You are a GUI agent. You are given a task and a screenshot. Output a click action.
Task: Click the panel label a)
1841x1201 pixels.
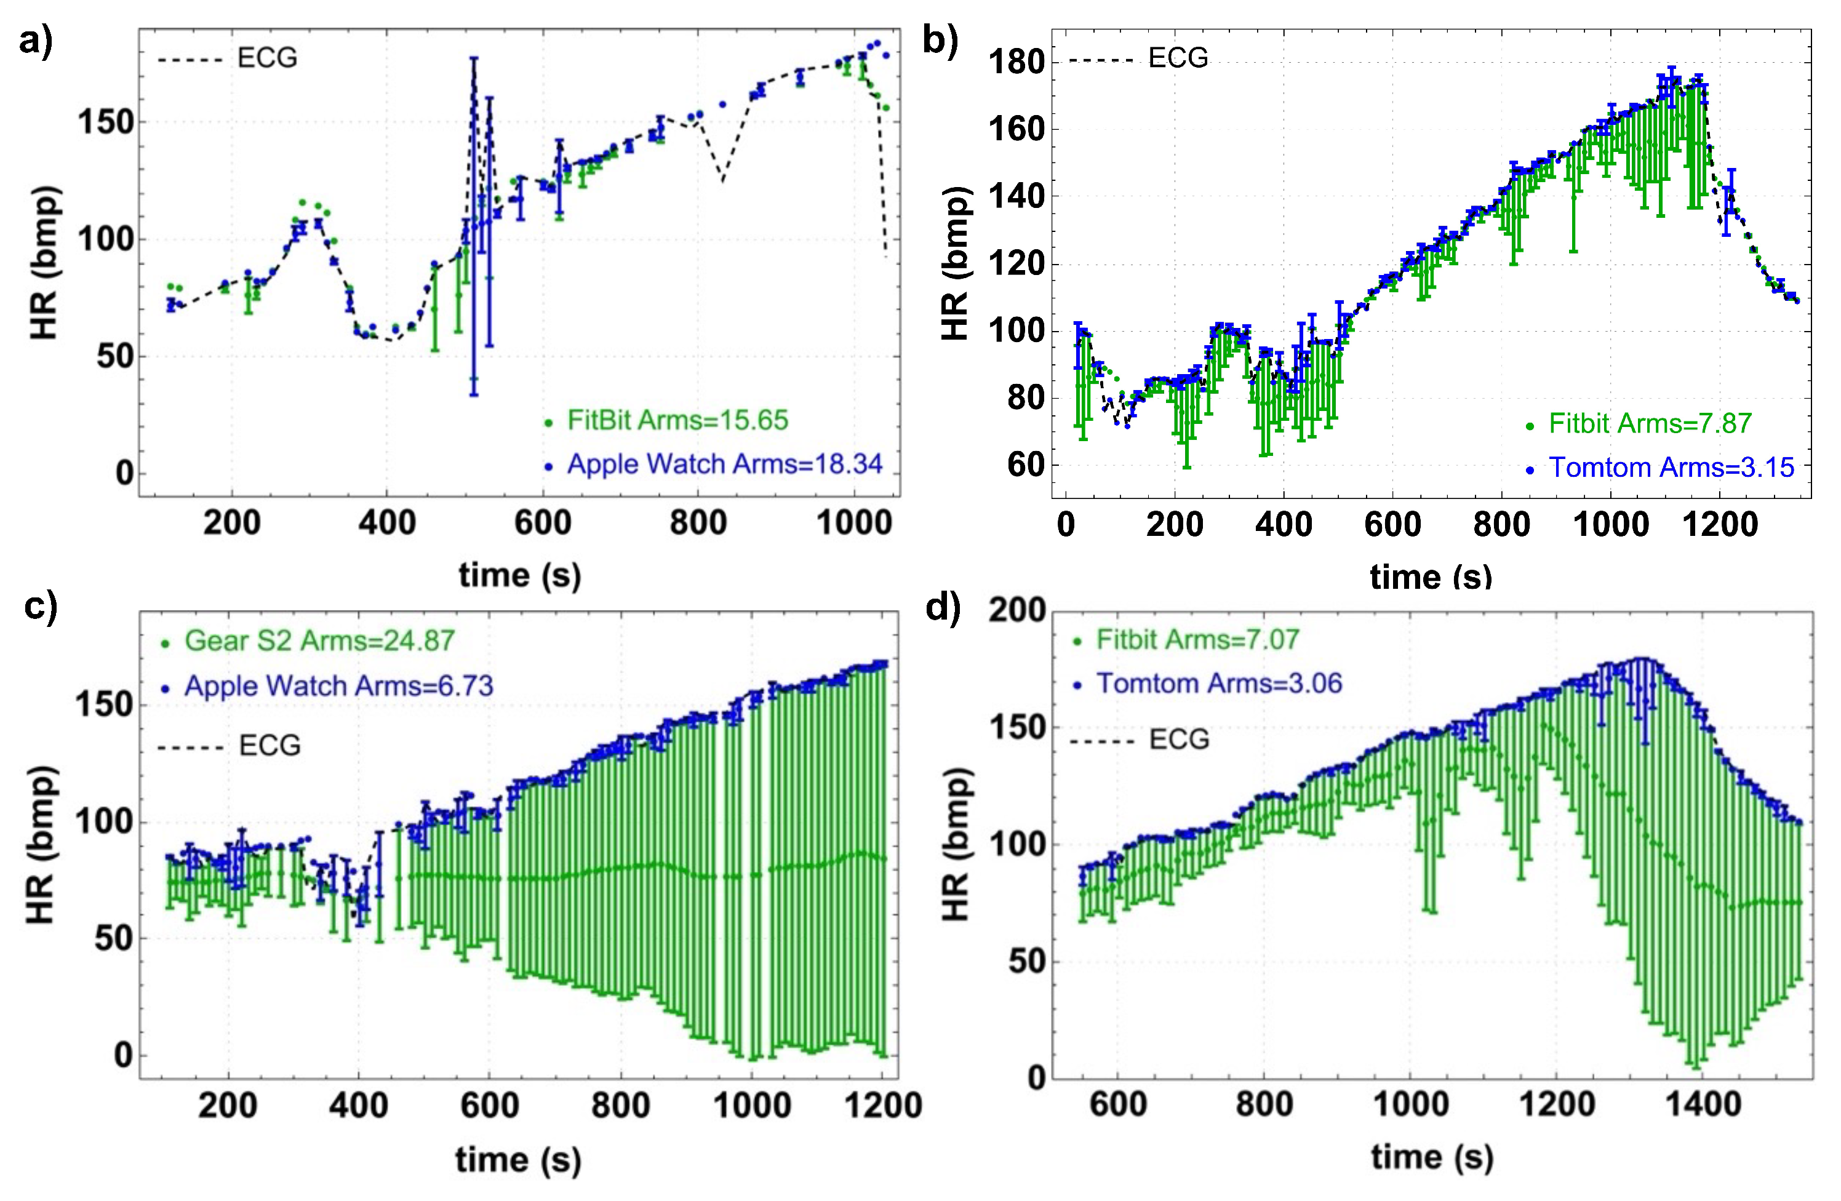(36, 42)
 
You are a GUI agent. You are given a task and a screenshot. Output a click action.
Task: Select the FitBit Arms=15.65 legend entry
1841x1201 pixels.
(677, 420)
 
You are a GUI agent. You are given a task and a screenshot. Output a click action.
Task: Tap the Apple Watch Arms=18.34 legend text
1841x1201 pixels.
(724, 464)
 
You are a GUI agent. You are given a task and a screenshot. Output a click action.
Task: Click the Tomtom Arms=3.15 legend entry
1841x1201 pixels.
(1670, 468)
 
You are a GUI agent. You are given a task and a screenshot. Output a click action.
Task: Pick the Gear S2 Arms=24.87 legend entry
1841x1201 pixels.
(319, 641)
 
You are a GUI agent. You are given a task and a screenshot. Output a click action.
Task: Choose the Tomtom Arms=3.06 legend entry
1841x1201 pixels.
(1218, 684)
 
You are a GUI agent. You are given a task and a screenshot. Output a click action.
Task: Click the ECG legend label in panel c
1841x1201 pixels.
(269, 746)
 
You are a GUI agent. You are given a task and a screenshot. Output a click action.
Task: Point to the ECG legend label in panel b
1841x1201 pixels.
(1177, 58)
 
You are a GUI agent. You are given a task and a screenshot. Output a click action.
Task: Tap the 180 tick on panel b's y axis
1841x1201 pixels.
(1016, 63)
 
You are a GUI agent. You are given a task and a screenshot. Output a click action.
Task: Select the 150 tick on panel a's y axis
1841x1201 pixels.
(106, 122)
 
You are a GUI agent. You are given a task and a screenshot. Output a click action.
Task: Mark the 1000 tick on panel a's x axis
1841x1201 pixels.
(853, 524)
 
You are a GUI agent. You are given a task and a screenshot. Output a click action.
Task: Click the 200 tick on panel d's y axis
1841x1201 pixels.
(1016, 611)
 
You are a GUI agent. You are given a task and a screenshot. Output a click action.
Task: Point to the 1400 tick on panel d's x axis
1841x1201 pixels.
(1703, 1105)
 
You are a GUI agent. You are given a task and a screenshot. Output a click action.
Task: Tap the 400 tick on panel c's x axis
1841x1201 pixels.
(358, 1106)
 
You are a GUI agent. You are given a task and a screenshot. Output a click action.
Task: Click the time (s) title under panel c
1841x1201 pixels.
(518, 1160)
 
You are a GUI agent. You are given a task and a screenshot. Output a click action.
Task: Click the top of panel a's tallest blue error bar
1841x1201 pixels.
(474, 58)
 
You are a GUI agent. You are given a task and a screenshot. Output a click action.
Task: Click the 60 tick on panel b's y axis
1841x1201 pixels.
(1026, 466)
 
